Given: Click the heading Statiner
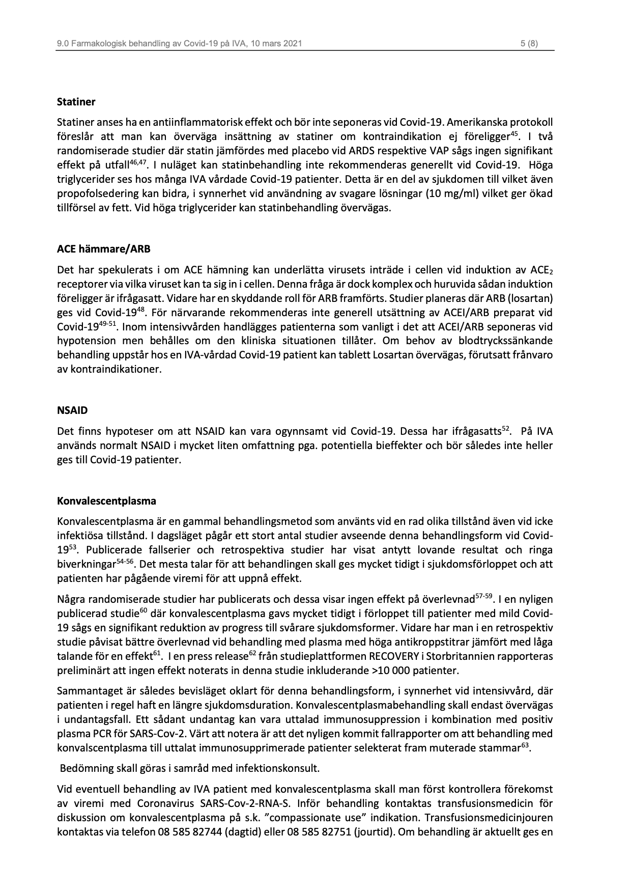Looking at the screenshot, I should coord(76,102).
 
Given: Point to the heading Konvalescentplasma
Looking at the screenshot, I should coord(106,500).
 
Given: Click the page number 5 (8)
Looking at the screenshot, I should coord(529,44).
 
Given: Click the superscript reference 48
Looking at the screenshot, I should coord(141,310).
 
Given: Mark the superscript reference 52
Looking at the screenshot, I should coord(506,429).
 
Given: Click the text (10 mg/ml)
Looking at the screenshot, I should coord(483,193).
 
